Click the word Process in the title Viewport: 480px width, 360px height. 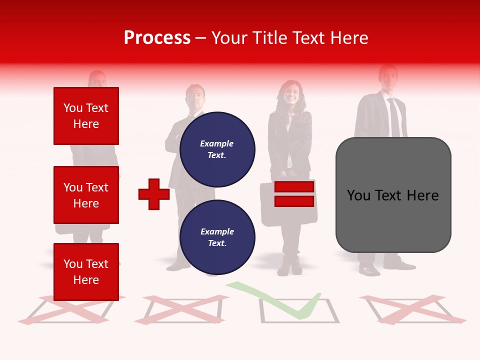157,38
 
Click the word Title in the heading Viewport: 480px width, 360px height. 269,38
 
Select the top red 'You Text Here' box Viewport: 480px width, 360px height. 86,116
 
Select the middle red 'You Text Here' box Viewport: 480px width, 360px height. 86,195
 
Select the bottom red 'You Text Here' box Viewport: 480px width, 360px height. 86,271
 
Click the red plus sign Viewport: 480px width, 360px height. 153,194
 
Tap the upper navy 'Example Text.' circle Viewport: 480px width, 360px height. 217,149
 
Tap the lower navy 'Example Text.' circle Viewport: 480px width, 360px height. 217,237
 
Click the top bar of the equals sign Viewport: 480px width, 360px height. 294,187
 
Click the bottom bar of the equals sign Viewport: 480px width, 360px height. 294,201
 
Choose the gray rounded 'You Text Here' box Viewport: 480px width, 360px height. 393,195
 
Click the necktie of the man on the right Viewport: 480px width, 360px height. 394,117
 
